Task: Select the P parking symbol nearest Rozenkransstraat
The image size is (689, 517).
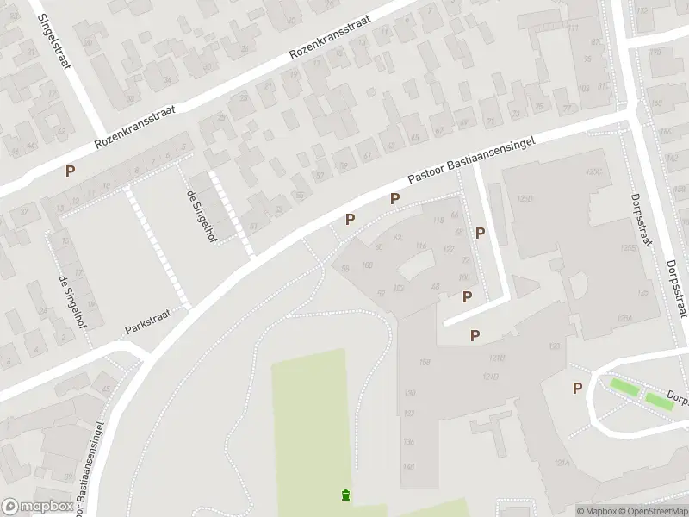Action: click(x=69, y=171)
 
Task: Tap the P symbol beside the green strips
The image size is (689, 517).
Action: click(x=577, y=389)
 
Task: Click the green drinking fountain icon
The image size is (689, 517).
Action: click(x=345, y=495)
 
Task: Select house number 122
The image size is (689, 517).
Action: click(x=448, y=249)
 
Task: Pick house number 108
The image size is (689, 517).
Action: click(x=367, y=265)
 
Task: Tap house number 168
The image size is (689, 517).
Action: click(x=424, y=362)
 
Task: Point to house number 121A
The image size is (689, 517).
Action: click(x=563, y=462)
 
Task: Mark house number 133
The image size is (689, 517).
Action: click(x=553, y=346)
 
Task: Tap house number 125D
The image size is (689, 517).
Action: click(x=525, y=199)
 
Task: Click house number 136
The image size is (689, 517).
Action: click(x=408, y=442)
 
